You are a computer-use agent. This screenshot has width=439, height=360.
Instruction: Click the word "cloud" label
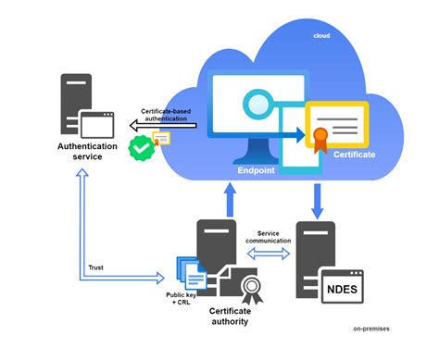click(321, 35)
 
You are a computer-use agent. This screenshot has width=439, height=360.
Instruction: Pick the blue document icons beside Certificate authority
click(188, 275)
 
